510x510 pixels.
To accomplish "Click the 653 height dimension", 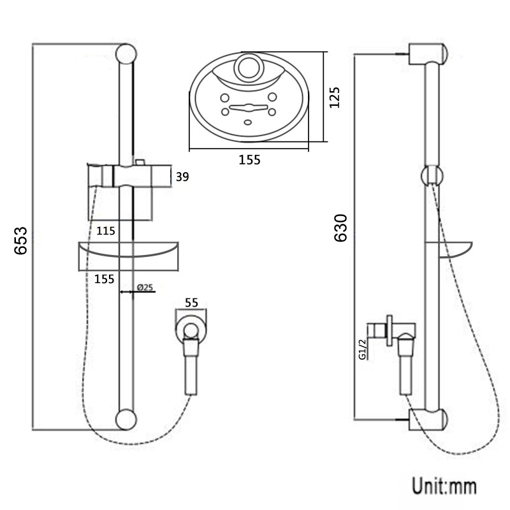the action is tap(20, 241).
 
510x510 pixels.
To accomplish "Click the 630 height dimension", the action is tap(341, 228).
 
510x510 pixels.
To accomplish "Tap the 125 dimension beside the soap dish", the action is tap(334, 98).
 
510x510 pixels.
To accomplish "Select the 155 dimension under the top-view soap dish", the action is tap(249, 160).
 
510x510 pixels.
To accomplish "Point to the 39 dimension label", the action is tap(182, 177).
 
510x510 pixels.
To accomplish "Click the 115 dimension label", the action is tap(106, 231).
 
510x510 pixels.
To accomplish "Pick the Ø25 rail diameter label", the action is tap(145, 288).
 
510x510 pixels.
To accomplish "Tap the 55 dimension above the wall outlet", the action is tap(191, 302).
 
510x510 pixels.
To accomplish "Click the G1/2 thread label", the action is tap(362, 349).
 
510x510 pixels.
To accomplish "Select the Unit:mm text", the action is tap(444, 486).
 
